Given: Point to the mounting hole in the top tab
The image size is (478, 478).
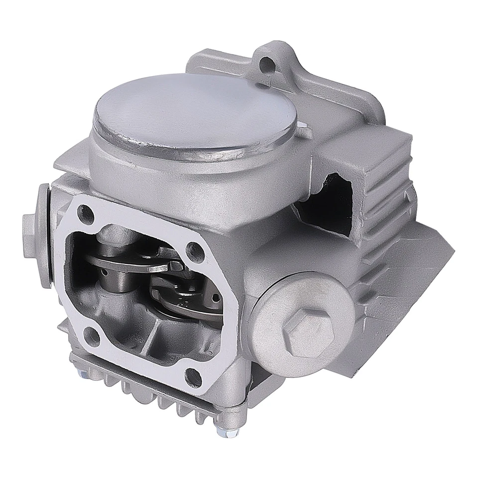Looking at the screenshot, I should coord(267,63).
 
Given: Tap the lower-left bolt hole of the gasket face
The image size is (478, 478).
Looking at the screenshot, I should coord(92,337).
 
